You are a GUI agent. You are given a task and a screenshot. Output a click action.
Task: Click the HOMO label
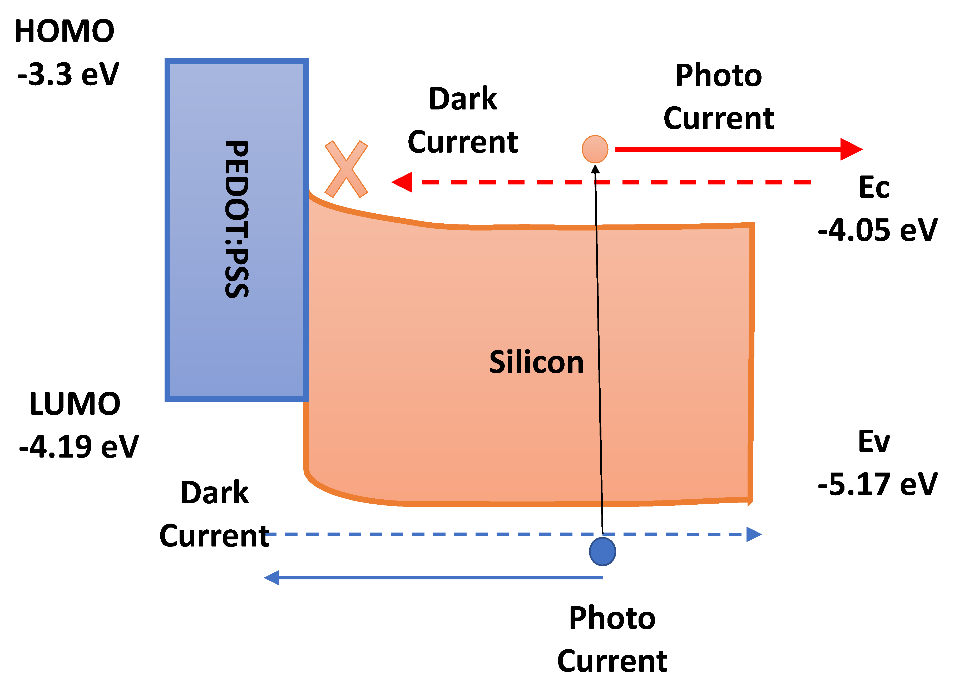64,32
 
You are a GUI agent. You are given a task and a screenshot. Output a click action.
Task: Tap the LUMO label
75,404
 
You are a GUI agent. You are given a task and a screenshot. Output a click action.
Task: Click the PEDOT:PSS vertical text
237,219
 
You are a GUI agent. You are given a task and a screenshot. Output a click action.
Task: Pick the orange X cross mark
346,169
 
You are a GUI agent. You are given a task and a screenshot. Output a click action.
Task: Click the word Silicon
536,362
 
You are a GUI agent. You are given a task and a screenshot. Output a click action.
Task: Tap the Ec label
874,188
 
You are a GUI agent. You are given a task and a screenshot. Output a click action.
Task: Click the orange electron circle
595,149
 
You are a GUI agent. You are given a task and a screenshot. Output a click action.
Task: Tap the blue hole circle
602,551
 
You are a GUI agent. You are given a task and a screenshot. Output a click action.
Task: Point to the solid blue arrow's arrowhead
273,578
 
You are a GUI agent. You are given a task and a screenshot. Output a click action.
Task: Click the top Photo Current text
718,97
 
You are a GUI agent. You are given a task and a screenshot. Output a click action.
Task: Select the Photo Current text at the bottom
612,639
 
